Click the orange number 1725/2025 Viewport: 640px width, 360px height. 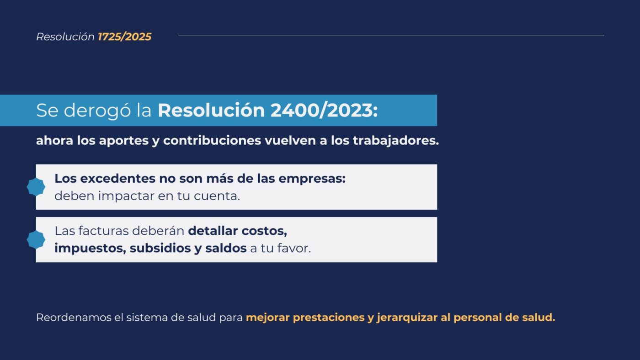click(124, 37)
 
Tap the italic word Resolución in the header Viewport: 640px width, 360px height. click(65, 37)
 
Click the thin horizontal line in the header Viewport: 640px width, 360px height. click(391, 36)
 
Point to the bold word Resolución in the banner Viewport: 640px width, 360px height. click(211, 110)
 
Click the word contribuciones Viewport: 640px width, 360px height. click(212, 140)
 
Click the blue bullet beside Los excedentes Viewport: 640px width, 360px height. click(36, 187)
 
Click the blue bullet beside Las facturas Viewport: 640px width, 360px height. click(36, 240)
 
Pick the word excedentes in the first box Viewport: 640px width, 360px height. click(118, 179)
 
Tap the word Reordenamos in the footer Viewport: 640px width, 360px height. click(74, 318)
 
